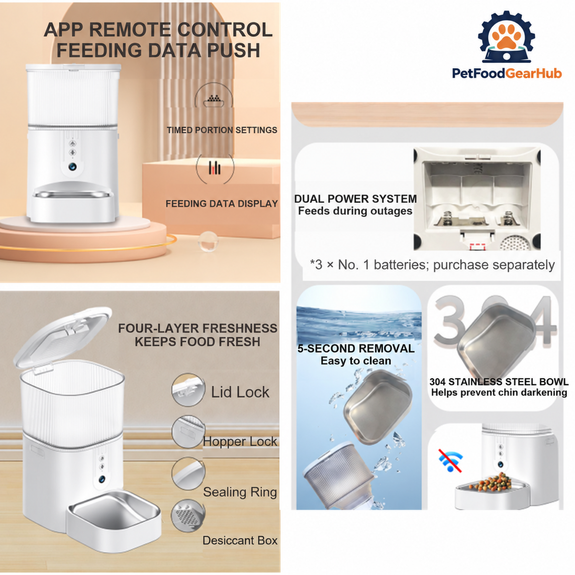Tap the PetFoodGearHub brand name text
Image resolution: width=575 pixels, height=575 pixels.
pos(506,73)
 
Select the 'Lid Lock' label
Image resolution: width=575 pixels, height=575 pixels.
pos(240,392)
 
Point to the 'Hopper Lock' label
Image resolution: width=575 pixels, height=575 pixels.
pos(240,442)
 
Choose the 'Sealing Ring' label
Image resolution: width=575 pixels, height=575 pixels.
pos(240,492)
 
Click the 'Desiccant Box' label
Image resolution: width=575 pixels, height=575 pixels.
pos(240,540)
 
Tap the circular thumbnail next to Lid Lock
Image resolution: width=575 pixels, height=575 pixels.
pos(188,390)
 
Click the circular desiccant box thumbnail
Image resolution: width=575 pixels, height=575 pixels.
pos(188,516)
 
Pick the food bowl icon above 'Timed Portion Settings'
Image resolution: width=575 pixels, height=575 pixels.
pos(214,101)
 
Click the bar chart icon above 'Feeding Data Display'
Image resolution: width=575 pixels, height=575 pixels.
pos(215,168)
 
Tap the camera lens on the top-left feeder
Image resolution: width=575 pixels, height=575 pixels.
pos(72,166)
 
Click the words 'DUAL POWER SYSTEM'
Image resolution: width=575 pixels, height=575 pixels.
pos(356,199)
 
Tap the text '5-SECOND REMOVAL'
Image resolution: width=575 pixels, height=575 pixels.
pos(356,348)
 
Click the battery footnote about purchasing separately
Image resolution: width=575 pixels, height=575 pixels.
pos(432,264)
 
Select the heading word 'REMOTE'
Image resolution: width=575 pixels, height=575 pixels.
pos(130,30)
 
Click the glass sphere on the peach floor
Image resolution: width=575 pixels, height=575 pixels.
pos(208,241)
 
